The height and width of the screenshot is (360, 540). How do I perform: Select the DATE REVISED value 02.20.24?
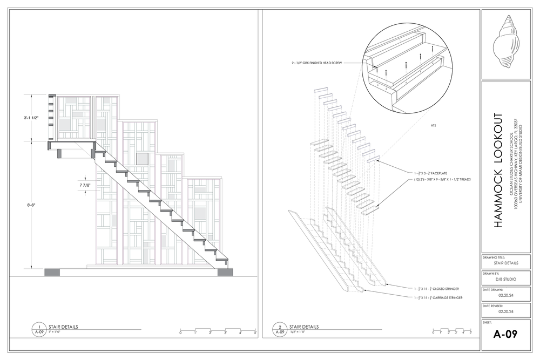[x=506, y=311]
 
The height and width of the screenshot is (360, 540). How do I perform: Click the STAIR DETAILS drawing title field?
[x=506, y=263]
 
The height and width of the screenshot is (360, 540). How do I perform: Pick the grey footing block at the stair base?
[x=225, y=271]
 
